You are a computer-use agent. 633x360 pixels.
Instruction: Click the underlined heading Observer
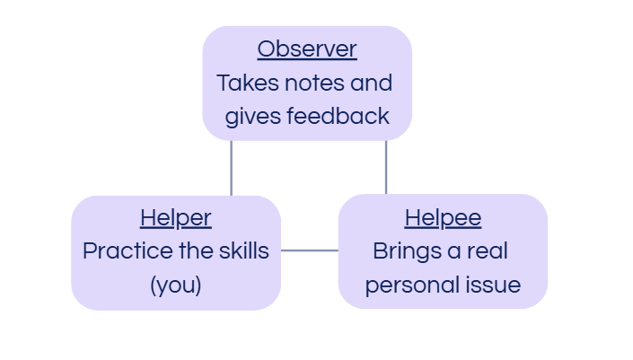pos(307,49)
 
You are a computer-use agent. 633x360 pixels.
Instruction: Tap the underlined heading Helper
pos(176,218)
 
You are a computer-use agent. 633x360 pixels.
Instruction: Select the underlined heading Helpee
pos(443,218)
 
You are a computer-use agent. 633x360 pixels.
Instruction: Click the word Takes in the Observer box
pos(248,83)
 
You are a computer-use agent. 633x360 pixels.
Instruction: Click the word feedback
pos(338,116)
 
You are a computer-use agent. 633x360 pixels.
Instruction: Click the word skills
pos(244,250)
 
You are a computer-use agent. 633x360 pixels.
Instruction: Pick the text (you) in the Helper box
pos(176,285)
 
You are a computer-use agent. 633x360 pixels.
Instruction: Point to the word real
pos(488,250)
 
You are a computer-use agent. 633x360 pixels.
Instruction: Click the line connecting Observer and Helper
pos(232,168)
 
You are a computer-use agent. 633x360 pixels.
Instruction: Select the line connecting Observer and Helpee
pos(386,168)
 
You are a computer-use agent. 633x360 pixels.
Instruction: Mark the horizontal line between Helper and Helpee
pos(310,250)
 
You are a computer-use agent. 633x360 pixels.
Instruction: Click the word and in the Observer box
pos(372,83)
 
